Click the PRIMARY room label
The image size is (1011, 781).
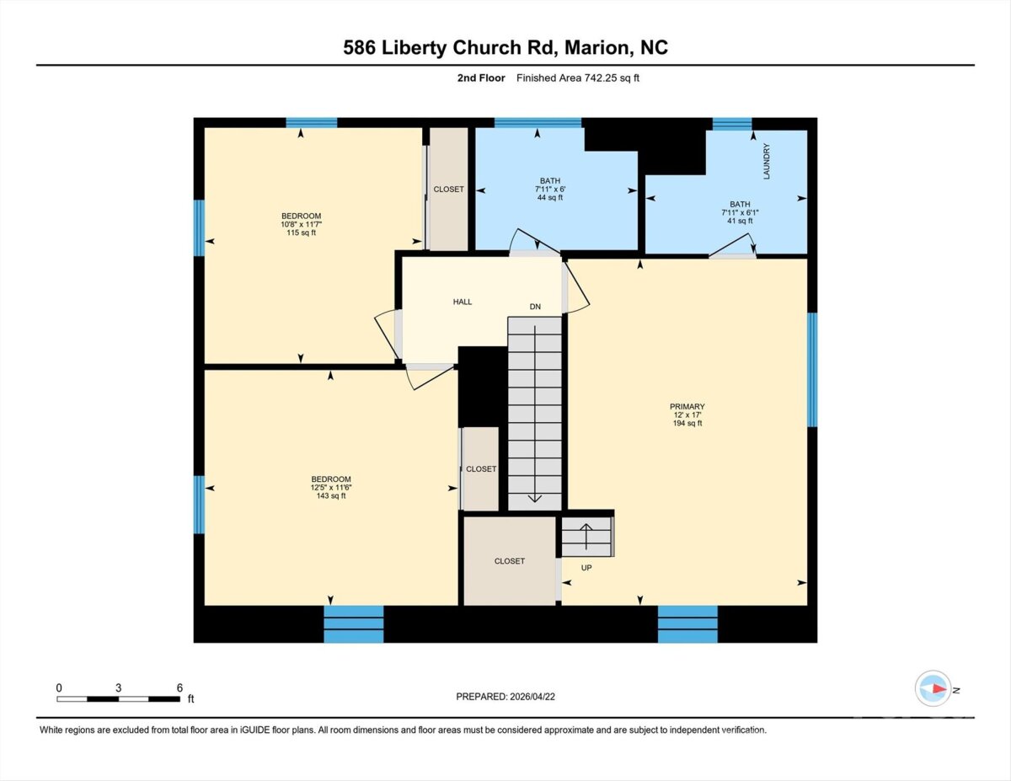tap(687, 406)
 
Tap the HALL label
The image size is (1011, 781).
tap(463, 302)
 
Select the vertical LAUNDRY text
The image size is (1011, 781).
tap(767, 161)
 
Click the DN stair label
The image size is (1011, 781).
tap(535, 307)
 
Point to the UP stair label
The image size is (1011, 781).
tap(586, 568)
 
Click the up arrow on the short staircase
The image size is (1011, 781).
tap(586, 537)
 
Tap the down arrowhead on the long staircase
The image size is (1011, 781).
tap(535, 498)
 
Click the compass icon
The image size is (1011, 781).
tap(933, 688)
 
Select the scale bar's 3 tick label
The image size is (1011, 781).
tap(118, 688)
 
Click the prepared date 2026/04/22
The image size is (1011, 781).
tap(532, 697)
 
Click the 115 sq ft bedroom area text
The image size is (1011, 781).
tap(301, 233)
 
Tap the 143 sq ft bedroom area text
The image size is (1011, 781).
tap(331, 496)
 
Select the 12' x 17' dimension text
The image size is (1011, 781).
tap(687, 415)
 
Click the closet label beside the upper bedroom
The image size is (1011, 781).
tap(448, 190)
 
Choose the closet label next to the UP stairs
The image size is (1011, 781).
tap(510, 561)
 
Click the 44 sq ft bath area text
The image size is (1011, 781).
tap(550, 197)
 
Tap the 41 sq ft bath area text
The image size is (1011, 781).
tap(740, 221)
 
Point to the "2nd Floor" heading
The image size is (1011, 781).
tap(481, 78)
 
